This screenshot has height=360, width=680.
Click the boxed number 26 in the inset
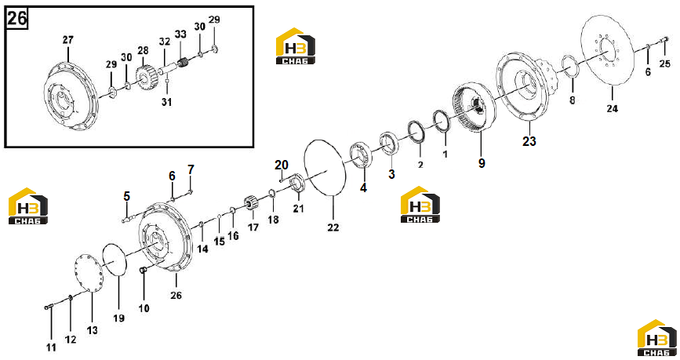point(17,18)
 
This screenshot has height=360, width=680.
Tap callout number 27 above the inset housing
point(68,40)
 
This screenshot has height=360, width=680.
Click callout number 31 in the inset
point(167,102)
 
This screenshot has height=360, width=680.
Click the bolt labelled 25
point(664,40)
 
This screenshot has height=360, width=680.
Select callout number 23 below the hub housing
point(529,141)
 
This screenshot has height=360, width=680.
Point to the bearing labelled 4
point(361,155)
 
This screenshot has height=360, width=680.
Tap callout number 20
point(282,165)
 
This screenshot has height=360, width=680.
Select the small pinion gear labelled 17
point(252,205)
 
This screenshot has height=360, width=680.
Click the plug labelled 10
point(144,271)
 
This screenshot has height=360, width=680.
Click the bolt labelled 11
point(48,307)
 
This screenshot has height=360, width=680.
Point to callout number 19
point(119,318)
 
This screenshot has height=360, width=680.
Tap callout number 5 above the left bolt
point(126,196)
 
